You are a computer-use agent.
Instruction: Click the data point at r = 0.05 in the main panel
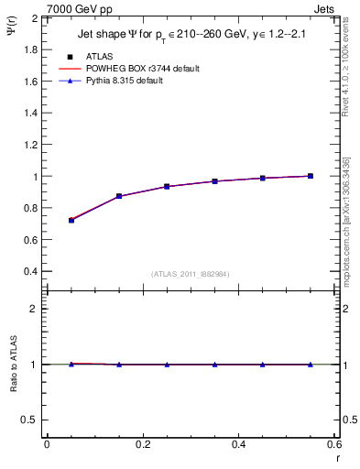(71, 220)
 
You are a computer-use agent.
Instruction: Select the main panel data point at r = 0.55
(310, 176)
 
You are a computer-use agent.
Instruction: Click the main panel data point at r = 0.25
(166, 186)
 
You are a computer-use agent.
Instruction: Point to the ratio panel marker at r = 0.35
(214, 365)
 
